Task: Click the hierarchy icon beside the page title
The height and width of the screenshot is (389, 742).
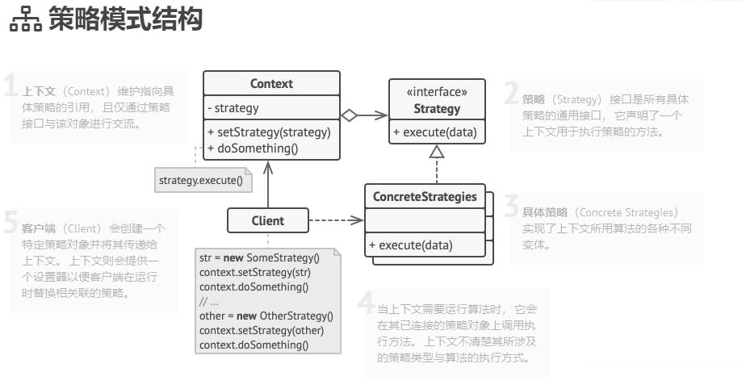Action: pyautogui.click(x=25, y=21)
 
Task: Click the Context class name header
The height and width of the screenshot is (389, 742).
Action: pyautogui.click(x=271, y=84)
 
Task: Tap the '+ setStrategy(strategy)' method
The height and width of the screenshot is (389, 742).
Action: pyautogui.click(x=269, y=132)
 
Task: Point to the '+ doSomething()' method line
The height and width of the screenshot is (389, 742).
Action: pyautogui.click(x=253, y=148)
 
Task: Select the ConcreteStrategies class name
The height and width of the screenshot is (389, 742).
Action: pyautogui.click(x=425, y=197)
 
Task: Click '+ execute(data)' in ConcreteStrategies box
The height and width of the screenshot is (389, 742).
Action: pyautogui.click(x=411, y=245)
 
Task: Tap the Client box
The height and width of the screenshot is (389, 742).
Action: pyautogui.click(x=267, y=220)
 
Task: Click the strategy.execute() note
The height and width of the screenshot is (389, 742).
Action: pyautogui.click(x=201, y=179)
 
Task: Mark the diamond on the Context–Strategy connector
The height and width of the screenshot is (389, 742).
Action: pyautogui.click(x=348, y=115)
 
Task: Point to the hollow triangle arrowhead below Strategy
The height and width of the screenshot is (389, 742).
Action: pyautogui.click(x=437, y=151)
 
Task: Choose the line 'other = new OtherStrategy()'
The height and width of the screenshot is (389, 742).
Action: pyautogui.click(x=266, y=316)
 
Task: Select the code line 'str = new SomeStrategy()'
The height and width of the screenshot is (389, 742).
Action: pyautogui.click(x=259, y=258)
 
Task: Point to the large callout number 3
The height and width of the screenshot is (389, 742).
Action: pyautogui.click(x=511, y=207)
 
